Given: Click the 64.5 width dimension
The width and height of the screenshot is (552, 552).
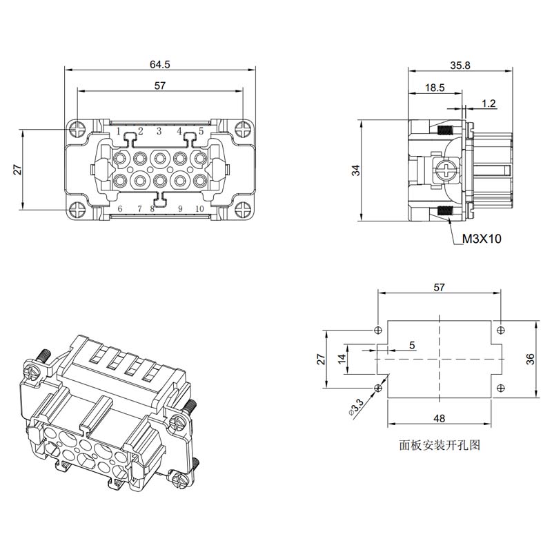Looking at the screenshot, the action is (x=160, y=64).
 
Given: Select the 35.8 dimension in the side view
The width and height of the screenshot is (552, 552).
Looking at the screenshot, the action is (x=460, y=66).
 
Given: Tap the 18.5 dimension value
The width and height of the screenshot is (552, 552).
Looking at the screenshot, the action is (x=435, y=88).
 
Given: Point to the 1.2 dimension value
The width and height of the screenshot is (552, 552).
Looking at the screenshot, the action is (x=489, y=103).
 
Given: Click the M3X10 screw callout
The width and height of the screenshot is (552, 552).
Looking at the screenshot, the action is (x=482, y=239).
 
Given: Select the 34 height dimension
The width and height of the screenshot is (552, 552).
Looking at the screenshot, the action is (x=357, y=170).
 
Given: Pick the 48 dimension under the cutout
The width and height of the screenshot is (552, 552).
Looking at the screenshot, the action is (x=439, y=418).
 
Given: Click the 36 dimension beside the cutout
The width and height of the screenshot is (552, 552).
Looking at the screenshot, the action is (x=530, y=359).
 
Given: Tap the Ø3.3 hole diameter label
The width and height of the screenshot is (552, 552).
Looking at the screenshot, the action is (x=356, y=407).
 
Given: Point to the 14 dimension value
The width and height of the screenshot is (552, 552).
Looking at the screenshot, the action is (x=342, y=359).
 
